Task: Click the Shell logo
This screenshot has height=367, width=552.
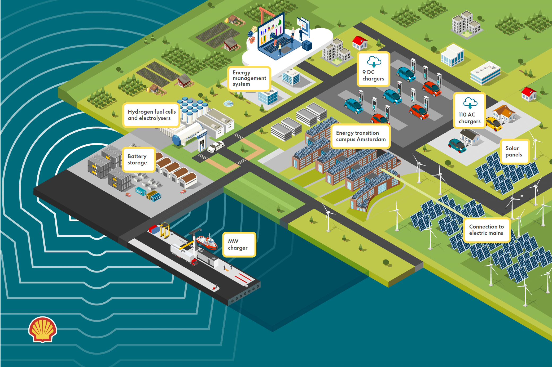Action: (x=42, y=329)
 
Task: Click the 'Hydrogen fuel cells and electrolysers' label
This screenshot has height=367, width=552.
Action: (x=151, y=115)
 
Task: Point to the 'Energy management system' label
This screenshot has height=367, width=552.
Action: (x=249, y=78)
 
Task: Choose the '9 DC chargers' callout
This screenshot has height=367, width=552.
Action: (x=373, y=69)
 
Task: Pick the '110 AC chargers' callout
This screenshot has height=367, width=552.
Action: (x=470, y=111)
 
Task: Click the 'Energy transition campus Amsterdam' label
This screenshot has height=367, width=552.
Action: (x=361, y=136)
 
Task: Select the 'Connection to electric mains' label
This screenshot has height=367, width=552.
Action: (x=487, y=230)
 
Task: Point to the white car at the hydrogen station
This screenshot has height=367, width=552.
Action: (x=216, y=146)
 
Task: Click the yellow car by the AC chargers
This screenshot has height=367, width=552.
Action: (x=494, y=124)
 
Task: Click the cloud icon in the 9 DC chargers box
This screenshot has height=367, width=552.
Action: (x=374, y=61)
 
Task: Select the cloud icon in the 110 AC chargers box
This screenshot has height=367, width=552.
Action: (x=470, y=103)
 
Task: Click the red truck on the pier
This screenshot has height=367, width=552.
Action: (x=195, y=262)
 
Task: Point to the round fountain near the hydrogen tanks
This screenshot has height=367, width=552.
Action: (x=228, y=103)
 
